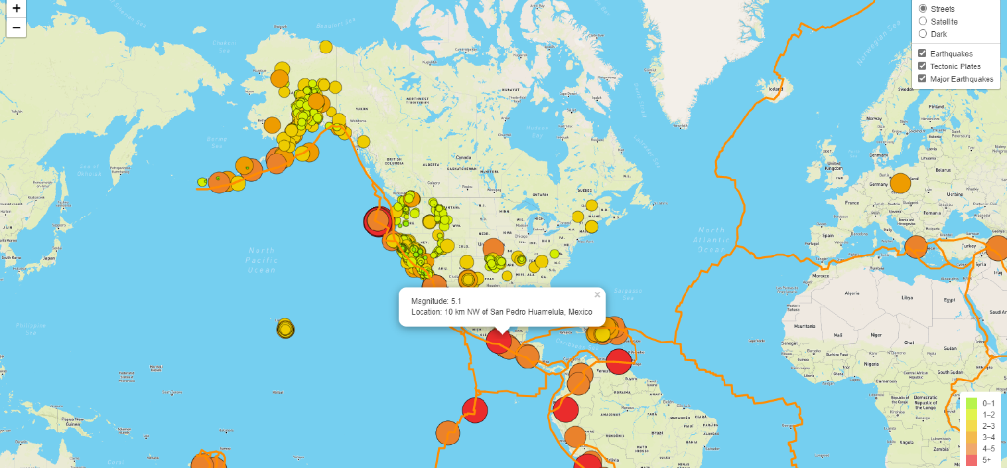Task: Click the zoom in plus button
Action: point(16,9)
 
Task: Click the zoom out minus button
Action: point(16,28)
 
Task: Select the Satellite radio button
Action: point(923,21)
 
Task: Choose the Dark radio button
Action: point(923,34)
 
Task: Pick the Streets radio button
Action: point(923,9)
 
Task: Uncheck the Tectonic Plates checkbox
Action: point(922,66)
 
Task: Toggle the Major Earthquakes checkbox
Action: point(922,78)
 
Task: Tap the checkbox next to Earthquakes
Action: point(922,53)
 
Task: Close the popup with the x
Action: point(597,295)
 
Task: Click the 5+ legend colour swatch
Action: point(971,460)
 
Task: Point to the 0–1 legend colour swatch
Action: point(971,403)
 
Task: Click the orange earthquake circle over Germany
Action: point(900,183)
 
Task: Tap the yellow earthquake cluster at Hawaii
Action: point(285,329)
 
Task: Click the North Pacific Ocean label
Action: point(261,260)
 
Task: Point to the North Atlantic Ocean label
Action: point(712,240)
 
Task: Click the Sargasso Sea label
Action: point(628,295)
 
